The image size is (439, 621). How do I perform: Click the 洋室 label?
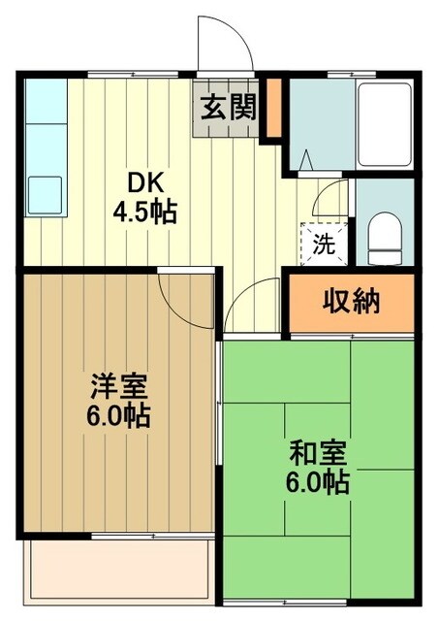(118, 387)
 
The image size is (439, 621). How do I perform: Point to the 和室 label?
(318, 451)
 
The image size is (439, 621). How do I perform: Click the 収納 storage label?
(352, 300)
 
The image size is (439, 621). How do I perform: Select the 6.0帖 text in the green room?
(318, 480)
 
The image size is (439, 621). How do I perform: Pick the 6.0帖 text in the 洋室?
(118, 416)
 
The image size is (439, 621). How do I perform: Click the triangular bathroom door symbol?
(308, 157)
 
